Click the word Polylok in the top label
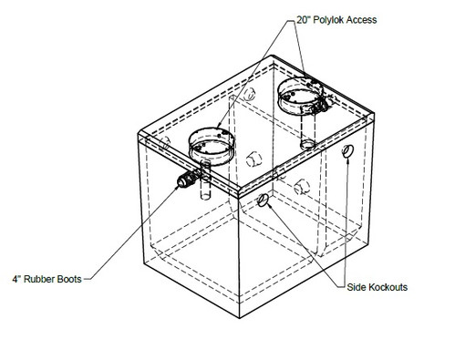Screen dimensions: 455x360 click(x=328, y=20)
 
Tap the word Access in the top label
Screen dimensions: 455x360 click(x=362, y=20)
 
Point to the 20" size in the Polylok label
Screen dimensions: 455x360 click(x=304, y=20)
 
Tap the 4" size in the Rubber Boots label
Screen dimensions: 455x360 click(x=16, y=279)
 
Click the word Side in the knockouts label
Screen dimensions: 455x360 click(x=356, y=287)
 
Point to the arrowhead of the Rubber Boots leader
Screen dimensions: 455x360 click(x=177, y=188)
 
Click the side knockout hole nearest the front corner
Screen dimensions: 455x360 click(x=264, y=200)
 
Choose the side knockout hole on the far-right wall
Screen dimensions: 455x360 click(x=347, y=151)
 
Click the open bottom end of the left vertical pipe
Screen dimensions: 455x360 click(x=206, y=197)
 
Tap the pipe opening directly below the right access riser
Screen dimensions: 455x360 click(x=308, y=145)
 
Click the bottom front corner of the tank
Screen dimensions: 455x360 click(x=240, y=318)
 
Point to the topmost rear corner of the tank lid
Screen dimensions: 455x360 click(x=272, y=56)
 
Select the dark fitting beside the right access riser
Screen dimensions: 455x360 click(x=321, y=105)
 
